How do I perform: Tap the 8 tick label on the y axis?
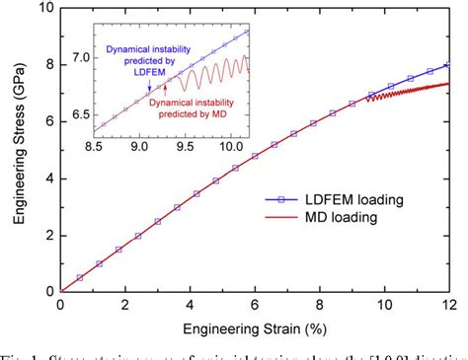click(47, 65)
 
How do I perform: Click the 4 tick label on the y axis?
click(47, 179)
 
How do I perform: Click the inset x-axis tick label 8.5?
click(96, 146)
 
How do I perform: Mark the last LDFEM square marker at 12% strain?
click(450, 65)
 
